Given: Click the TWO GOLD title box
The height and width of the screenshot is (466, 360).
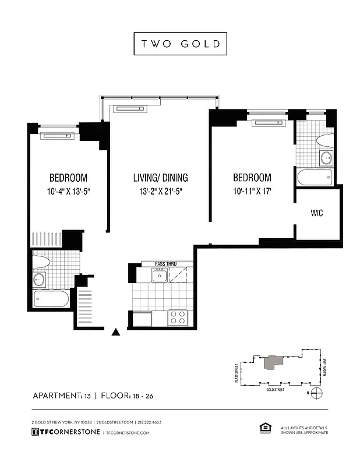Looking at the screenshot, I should [x=179, y=44].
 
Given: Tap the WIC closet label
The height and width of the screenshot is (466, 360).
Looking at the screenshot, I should [x=316, y=214].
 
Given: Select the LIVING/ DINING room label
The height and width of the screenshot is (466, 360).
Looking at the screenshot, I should [x=160, y=178].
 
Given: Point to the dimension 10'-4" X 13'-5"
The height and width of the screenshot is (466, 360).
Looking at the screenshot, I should [x=68, y=191].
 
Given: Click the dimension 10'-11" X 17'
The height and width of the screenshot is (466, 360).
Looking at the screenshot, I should [x=252, y=191].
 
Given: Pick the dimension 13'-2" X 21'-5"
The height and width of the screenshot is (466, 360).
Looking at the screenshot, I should [x=160, y=191].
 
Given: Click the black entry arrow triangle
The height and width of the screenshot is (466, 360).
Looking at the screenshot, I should [x=116, y=333].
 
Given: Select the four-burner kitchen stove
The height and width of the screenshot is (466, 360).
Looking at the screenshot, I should [x=177, y=318].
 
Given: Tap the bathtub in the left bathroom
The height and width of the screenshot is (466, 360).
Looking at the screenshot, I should [x=51, y=299].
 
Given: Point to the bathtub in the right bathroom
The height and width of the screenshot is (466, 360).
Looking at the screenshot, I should [x=315, y=177].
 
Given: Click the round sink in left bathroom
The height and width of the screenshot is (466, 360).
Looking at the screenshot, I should [x=40, y=279].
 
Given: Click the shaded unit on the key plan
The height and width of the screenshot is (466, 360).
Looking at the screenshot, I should [x=272, y=362].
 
